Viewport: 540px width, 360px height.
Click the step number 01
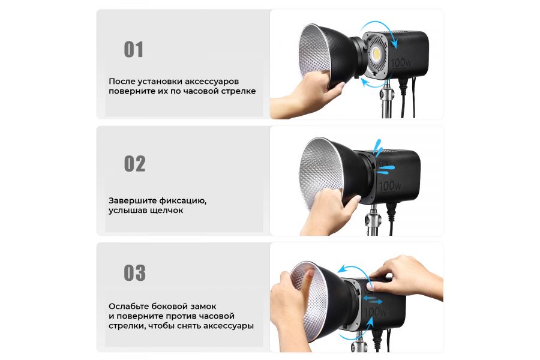pyautogui.click(x=133, y=49)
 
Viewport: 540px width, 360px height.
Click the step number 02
pyautogui.click(x=134, y=164)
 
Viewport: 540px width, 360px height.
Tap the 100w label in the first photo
pyautogui.click(x=400, y=62)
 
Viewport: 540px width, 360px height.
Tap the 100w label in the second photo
pyautogui.click(x=390, y=187)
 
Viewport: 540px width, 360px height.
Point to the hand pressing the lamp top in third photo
pyautogui.click(x=408, y=273)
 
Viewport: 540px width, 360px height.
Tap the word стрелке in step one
pyautogui.click(x=238, y=92)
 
